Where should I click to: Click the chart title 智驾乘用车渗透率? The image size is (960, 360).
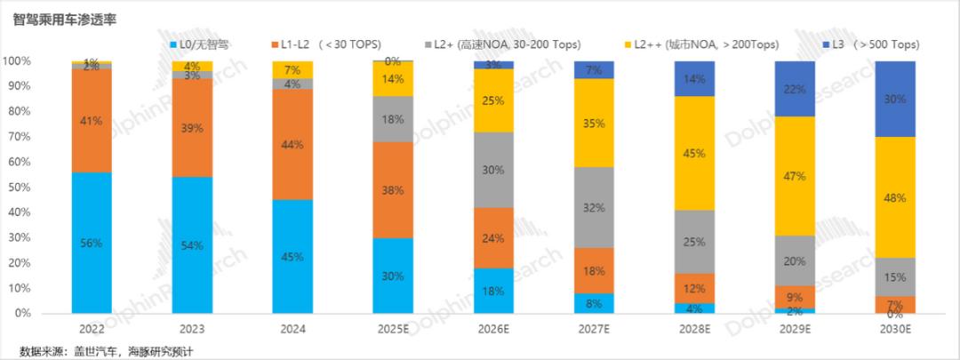[67, 18]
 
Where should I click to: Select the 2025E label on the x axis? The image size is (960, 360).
[393, 330]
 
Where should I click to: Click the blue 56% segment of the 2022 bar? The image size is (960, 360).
[92, 243]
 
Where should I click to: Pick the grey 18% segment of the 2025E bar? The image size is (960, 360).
[393, 119]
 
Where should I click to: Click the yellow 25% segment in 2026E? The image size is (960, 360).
[493, 100]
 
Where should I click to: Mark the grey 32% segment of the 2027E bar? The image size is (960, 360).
[594, 207]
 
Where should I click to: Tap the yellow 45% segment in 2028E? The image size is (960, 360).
[694, 153]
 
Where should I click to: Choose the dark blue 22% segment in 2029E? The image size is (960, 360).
[795, 89]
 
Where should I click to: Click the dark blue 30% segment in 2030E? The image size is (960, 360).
[895, 100]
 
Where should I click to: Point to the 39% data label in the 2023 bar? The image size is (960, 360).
[192, 128]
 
